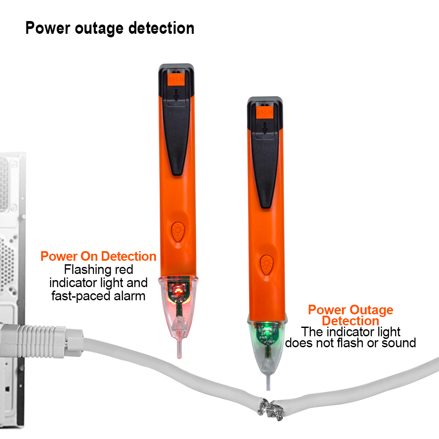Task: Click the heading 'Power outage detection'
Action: [x=110, y=28]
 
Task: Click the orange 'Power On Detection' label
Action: [x=98, y=256]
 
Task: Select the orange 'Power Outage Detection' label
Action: [x=350, y=315]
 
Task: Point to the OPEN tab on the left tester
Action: [x=176, y=79]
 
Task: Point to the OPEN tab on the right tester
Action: [x=265, y=112]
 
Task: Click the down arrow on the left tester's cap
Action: [x=176, y=95]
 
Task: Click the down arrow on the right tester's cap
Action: [x=265, y=128]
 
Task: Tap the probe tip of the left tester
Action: [x=179, y=356]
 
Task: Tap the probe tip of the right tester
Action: [x=268, y=388]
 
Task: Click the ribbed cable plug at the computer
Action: [x=42, y=342]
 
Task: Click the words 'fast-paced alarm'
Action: [x=98, y=296]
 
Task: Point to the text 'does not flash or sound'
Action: [x=350, y=343]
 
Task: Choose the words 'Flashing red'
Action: [x=98, y=270]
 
